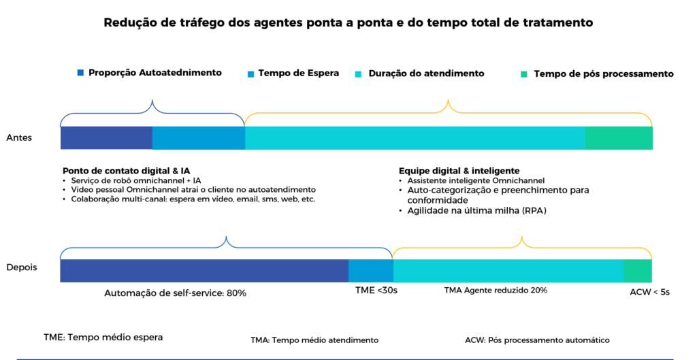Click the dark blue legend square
coord(80,72)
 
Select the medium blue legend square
coord(250,73)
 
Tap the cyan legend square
coord(358,73)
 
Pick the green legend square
coord(524,73)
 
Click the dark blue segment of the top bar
coord(106,138)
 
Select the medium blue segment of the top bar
coord(198,138)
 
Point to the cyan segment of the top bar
coord(415,138)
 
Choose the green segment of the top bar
coord(619,138)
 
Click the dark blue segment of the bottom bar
coord(204,270)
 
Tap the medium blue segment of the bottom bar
coord(370,270)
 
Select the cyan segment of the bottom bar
coord(508,270)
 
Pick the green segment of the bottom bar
coord(638,270)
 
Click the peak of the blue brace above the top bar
coord(152,101)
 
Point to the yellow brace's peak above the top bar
coord(448,101)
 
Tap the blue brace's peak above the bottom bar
coord(226,238)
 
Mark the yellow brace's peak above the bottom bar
coord(522,238)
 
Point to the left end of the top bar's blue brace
coord(61,125)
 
